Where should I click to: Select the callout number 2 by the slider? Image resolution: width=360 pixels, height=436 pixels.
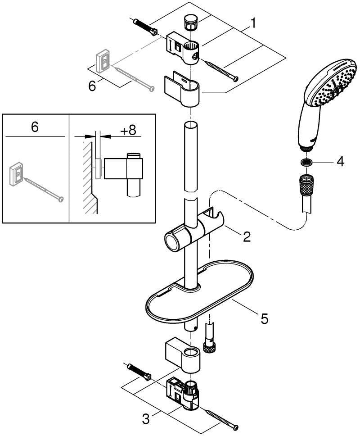click(247, 236)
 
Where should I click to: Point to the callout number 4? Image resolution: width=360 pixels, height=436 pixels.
click(340, 161)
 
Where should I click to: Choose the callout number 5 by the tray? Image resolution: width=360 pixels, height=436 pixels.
click(265, 318)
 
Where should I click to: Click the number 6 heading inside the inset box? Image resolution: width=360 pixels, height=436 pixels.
click(35, 127)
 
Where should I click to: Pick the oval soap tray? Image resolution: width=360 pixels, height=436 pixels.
click(199, 291)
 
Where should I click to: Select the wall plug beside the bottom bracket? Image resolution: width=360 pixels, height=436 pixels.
click(139, 372)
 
